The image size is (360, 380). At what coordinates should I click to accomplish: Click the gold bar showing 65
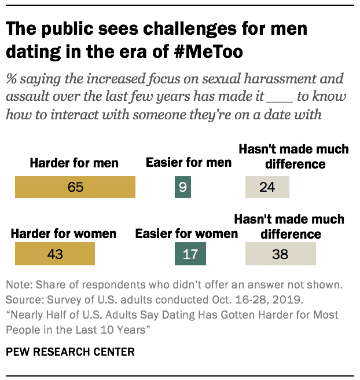pos(75,188)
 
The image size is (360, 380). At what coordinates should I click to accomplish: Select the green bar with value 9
pos(183,188)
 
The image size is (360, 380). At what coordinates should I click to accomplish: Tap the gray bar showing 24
pos(267,188)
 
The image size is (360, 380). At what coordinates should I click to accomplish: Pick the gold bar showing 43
pos(55,254)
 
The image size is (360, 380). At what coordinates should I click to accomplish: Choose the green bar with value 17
pos(190,254)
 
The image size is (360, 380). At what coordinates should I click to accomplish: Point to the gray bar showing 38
pos(281,254)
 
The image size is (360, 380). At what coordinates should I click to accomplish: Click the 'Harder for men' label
pos(74,163)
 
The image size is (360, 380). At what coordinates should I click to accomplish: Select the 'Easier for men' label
pos(189,163)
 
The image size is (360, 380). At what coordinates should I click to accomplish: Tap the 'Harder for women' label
pos(64,234)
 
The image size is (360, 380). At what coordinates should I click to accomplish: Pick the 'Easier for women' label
pos(186,234)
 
